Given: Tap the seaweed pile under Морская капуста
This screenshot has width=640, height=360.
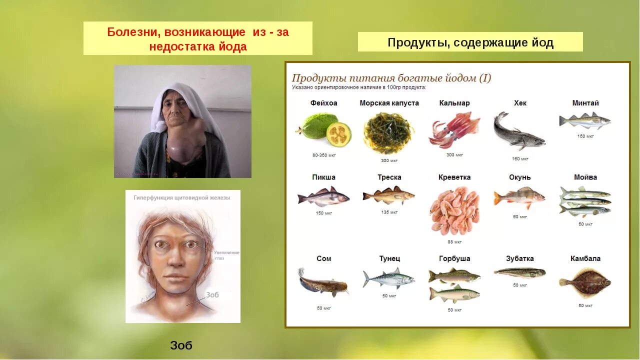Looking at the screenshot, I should pyautogui.click(x=388, y=133).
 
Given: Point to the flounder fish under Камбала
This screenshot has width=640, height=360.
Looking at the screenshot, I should pyautogui.click(x=585, y=282).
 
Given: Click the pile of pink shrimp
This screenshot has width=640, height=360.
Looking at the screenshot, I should pyautogui.click(x=454, y=210).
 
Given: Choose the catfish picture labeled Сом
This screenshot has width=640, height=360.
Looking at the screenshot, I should pyautogui.click(x=322, y=283).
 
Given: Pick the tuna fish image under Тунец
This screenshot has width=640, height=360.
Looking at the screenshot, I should pyautogui.click(x=389, y=278).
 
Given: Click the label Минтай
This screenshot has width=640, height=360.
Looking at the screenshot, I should pyautogui.click(x=585, y=103).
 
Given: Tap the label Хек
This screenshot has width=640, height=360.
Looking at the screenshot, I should pyautogui.click(x=520, y=103).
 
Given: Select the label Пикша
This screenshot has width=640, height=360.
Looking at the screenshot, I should pyautogui.click(x=323, y=177).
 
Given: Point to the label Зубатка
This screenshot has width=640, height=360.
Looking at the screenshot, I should pyautogui.click(x=520, y=258).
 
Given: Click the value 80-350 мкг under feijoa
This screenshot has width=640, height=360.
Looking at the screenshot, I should pyautogui.click(x=323, y=155).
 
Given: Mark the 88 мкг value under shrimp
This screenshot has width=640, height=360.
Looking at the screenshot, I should pyautogui.click(x=454, y=242).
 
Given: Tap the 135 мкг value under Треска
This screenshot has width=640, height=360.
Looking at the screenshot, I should pyautogui.click(x=389, y=212).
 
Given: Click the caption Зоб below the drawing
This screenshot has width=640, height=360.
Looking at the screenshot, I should pyautogui.click(x=181, y=345).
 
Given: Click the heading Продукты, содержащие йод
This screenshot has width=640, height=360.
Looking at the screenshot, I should pyautogui.click(x=470, y=42).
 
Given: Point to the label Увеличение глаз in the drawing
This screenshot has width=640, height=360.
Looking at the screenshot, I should pyautogui.click(x=226, y=255).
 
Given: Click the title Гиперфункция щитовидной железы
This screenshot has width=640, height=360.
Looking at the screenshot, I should pyautogui.click(x=182, y=198).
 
